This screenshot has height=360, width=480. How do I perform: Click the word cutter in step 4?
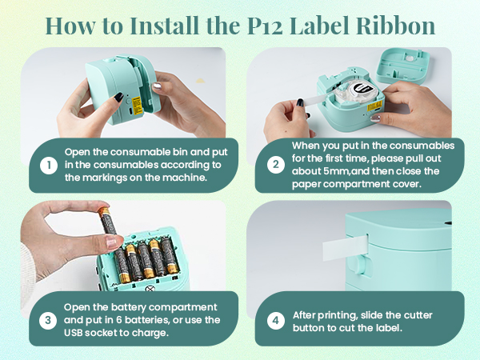pyautogui.click(x=418, y=314)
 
